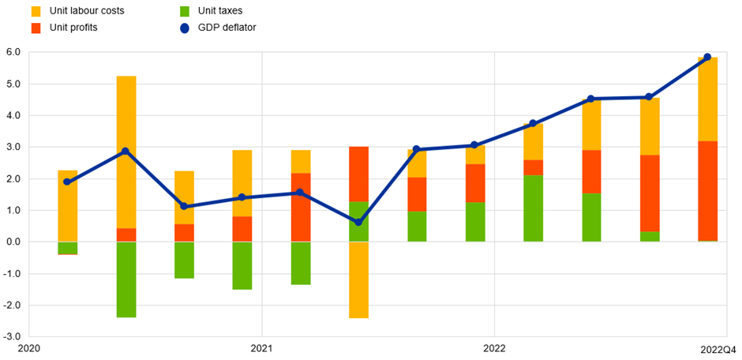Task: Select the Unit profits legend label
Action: click(75, 28)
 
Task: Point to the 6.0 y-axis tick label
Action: click(13, 53)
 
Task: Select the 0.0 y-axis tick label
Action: click(13, 242)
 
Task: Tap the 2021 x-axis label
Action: click(262, 348)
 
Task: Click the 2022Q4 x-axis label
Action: click(718, 348)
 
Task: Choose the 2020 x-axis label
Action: click(29, 348)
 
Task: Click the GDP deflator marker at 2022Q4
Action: click(707, 57)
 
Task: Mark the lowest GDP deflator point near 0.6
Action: click(358, 223)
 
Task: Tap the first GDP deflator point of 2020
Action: click(67, 182)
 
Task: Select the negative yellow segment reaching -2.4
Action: click(358, 279)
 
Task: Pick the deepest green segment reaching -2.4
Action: click(126, 279)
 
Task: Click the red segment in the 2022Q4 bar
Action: click(707, 191)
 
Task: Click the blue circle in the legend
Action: click(184, 28)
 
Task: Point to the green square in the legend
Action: click(184, 11)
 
